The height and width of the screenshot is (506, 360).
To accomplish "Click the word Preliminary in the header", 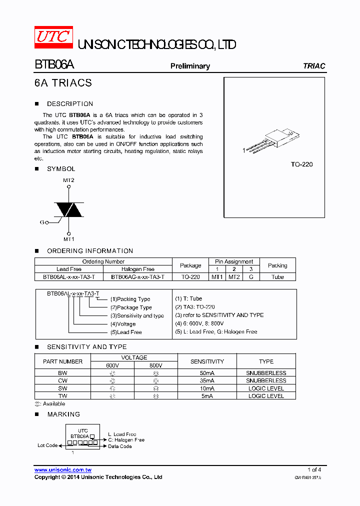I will pyautogui.click(x=190, y=66).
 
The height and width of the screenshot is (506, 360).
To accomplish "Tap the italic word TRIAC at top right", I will pyautogui.click(x=314, y=66).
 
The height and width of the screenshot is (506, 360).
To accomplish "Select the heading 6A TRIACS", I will pyautogui.click(x=63, y=83).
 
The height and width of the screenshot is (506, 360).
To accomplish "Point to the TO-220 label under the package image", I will pyautogui.click(x=301, y=164).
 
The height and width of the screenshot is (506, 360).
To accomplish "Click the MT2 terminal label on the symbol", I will pyautogui.click(x=68, y=180).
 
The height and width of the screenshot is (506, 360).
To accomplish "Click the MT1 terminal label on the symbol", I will pyautogui.click(x=68, y=239).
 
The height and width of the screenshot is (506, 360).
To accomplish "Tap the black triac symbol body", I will pyautogui.click(x=68, y=209).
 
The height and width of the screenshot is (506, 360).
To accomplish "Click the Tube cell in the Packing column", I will pyautogui.click(x=277, y=276).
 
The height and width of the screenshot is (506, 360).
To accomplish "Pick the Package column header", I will pyautogui.click(x=190, y=265).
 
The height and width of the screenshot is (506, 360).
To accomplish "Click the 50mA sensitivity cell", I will pyautogui.click(x=207, y=373).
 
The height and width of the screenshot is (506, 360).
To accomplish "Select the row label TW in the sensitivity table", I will pyautogui.click(x=62, y=395).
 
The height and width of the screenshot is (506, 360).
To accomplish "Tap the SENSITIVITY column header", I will pyautogui.click(x=207, y=361).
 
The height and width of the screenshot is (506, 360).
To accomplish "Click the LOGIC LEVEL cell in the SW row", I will pyautogui.click(x=266, y=388).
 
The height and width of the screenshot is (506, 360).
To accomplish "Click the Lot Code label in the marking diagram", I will pyautogui.click(x=48, y=445).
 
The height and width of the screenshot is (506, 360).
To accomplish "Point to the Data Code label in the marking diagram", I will pyautogui.click(x=120, y=446).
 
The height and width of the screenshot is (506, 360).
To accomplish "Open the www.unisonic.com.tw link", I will pyautogui.click(x=62, y=470).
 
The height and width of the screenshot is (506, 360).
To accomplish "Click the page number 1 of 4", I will pyautogui.click(x=314, y=469).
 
